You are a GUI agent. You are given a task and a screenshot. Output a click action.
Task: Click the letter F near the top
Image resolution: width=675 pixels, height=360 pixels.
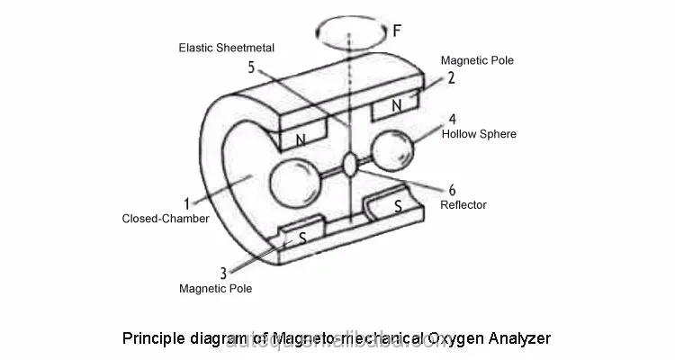coord(397,30)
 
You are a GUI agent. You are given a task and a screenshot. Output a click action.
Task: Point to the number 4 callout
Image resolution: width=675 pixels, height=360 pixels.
coord(452,118)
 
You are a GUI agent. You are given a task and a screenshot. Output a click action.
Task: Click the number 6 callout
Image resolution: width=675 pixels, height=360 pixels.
coord(451,189)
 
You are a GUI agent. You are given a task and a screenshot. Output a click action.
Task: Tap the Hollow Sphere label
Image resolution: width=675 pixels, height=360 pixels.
coord(479,134)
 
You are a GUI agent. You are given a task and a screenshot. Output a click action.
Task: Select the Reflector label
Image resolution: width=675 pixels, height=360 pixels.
coord(463,205)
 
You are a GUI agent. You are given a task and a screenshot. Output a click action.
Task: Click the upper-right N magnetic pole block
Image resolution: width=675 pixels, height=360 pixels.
coord(396,106)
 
